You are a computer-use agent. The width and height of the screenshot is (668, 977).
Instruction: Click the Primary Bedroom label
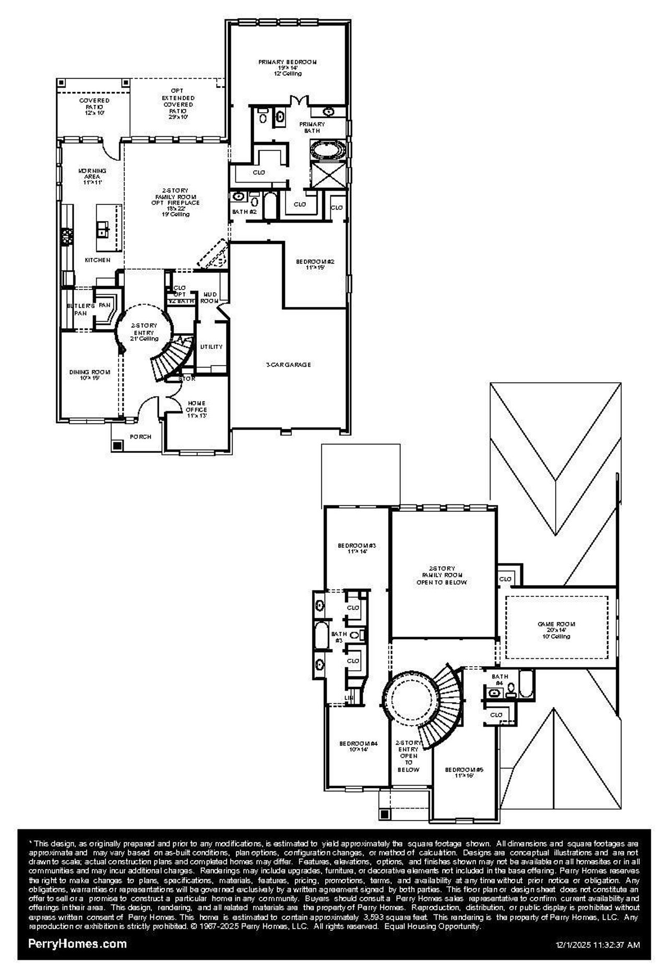click(288, 67)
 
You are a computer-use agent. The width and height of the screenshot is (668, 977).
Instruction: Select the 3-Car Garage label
click(288, 365)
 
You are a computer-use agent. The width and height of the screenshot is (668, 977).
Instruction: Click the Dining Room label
click(90, 375)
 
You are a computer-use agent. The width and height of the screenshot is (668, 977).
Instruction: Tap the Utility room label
click(211, 346)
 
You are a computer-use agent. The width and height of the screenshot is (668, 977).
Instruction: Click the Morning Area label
click(92, 176)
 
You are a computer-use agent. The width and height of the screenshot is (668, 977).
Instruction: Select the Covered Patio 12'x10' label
click(94, 106)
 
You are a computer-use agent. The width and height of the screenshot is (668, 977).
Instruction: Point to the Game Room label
click(556, 630)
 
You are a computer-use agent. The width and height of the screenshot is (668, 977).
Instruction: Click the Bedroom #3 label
click(357, 548)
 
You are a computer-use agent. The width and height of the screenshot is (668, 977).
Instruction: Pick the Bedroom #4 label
click(358, 746)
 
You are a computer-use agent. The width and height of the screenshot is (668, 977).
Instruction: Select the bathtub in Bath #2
click(270, 207)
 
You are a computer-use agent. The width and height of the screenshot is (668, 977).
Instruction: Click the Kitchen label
click(98, 260)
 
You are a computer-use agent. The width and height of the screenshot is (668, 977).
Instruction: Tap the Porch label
click(140, 437)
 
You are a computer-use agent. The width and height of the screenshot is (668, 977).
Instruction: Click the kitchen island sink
click(103, 228)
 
